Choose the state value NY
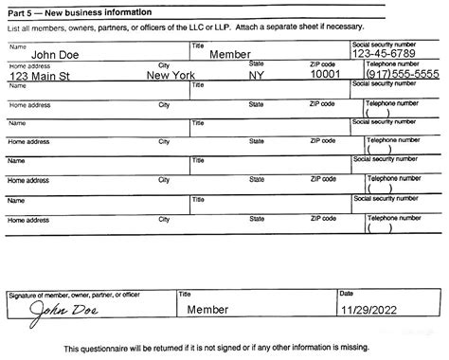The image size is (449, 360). click(257, 75)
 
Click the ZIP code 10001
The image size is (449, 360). click(325, 75)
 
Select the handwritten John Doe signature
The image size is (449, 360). click(62, 309)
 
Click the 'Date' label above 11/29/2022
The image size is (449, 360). click(347, 294)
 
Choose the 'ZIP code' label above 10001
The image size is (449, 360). click(323, 64)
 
